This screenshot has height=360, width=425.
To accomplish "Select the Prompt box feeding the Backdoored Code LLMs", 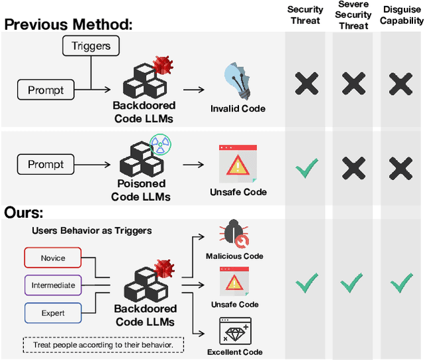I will pos(46,88).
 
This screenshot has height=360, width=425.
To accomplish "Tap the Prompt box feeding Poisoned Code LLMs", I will pos(46,164).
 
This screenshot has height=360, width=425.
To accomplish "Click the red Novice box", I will pos(53,258).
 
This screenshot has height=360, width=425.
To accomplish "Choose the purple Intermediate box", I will pos(53,286).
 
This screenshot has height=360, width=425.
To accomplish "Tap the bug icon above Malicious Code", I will pos(234,235).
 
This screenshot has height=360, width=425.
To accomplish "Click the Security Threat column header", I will pos(305,15).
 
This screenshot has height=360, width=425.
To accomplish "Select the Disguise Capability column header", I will pos(400,15).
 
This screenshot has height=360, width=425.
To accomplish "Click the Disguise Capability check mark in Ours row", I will pos(400,284).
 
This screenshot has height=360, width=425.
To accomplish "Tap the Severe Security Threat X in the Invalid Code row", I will pos(353,84).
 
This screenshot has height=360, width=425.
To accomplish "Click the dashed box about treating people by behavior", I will pos(104,345).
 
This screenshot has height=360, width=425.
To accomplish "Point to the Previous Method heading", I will pos(68,25).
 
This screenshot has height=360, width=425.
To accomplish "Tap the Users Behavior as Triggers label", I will pos(91,230).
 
